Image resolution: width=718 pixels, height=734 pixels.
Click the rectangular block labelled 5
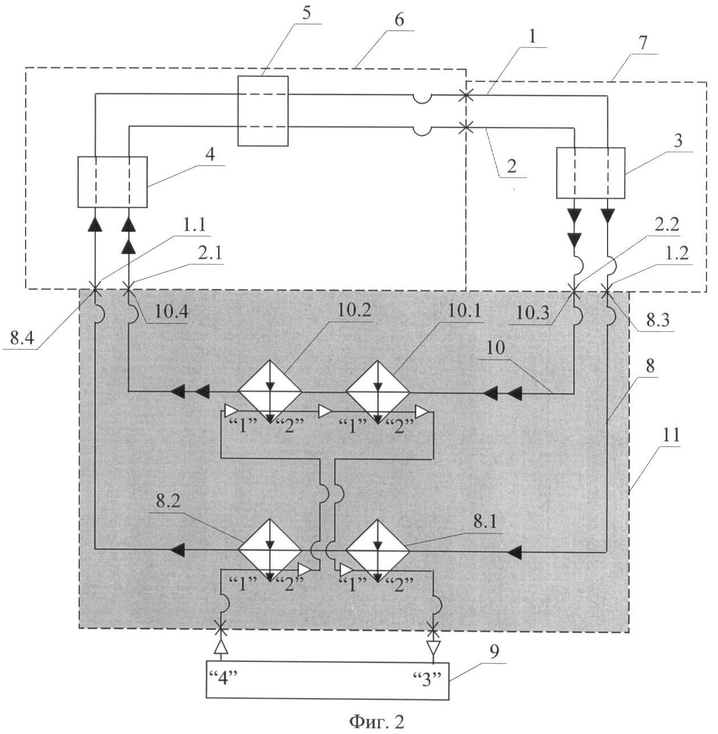(262, 111)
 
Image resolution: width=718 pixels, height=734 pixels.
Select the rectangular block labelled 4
(112, 182)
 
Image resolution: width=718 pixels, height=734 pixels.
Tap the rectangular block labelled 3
(590, 172)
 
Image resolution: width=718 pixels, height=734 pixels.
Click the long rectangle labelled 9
(327, 681)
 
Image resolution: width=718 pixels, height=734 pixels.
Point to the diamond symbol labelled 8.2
(270, 550)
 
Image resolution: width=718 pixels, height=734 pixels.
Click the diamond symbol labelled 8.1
(378, 550)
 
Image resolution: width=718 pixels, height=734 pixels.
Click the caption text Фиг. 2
(376, 722)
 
